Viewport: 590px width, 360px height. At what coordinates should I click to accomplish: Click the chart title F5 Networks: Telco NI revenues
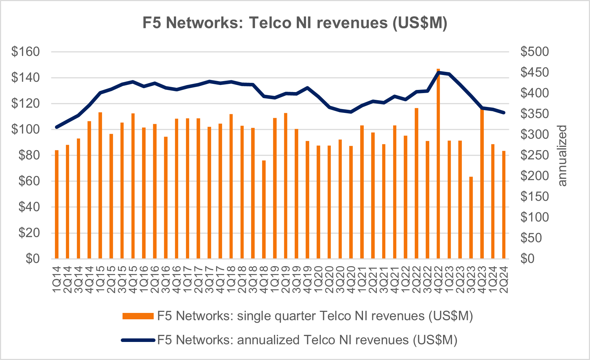point(295,23)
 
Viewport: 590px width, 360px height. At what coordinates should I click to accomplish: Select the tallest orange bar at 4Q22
point(438,163)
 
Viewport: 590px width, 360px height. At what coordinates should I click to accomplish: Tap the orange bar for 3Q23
point(471,217)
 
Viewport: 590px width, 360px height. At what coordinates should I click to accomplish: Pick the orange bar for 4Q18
point(264,209)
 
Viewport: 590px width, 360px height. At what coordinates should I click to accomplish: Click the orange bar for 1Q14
point(57,204)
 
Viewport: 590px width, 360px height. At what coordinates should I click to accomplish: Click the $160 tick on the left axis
point(25,52)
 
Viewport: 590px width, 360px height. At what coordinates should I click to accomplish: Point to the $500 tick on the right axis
point(534,52)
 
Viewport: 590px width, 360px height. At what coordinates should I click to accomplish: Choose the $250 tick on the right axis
point(534,155)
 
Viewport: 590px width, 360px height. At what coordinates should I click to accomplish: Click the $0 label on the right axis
point(527,258)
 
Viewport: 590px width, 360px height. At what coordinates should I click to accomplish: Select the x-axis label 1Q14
point(57,280)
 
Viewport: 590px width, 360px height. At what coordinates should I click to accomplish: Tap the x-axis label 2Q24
point(504,280)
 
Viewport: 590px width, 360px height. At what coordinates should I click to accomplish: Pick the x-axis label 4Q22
point(438,280)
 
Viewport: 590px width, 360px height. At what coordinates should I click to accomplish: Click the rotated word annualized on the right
point(562,155)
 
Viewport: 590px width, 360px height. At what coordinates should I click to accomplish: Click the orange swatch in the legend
point(138,316)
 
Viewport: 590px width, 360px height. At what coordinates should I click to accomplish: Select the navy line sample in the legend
point(138,340)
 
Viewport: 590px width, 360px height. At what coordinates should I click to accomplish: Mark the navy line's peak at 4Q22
point(438,72)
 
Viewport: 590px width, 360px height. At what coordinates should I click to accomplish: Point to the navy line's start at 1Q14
point(57,127)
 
